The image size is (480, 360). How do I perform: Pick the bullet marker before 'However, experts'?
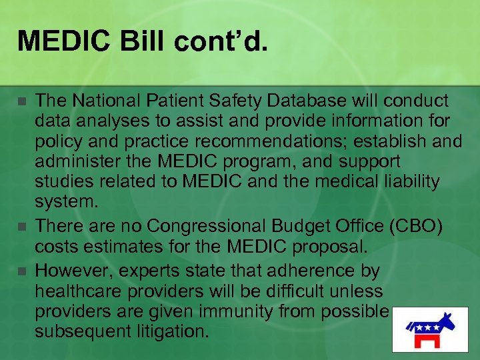22,271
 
